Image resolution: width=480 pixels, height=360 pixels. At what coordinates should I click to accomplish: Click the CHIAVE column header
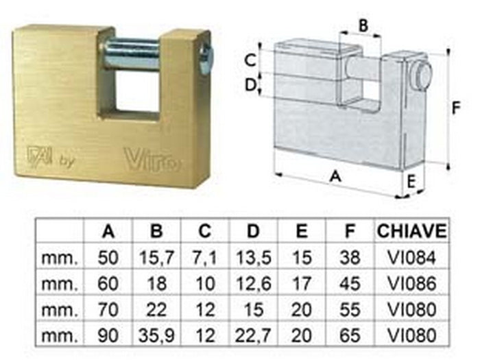click(x=411, y=231)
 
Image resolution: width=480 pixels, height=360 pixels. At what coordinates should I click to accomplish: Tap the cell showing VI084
click(x=411, y=258)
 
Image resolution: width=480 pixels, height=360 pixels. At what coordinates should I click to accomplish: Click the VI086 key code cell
click(x=411, y=284)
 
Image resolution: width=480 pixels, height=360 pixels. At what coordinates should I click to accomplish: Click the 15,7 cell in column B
click(x=157, y=258)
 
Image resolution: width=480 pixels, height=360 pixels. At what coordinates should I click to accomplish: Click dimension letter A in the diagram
click(x=335, y=176)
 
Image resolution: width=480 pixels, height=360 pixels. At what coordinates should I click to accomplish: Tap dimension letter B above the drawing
click(x=364, y=26)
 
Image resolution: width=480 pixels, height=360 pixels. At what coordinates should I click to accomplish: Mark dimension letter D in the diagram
click(x=252, y=84)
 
